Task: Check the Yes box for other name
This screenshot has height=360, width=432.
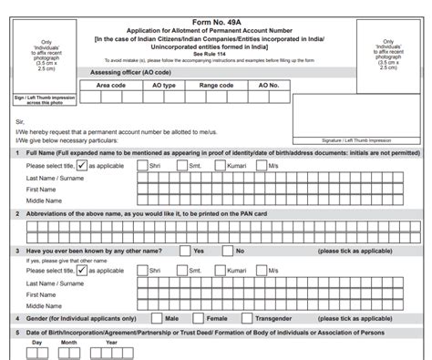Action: [x=181, y=250]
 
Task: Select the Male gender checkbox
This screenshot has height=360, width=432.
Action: [x=156, y=318]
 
